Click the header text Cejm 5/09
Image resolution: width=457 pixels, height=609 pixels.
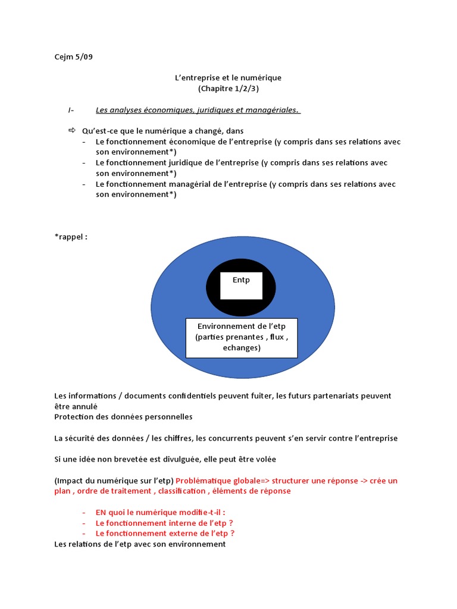73,57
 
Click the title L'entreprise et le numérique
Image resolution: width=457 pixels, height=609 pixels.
228,78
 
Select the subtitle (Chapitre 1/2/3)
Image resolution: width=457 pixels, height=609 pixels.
228,89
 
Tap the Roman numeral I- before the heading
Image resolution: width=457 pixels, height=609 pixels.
71,110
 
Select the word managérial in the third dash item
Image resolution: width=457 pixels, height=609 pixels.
187,184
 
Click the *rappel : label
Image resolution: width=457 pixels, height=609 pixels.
71,236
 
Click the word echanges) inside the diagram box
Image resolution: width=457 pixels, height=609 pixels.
242,348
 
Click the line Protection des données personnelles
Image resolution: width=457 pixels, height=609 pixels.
123,417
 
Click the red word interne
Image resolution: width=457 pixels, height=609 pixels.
183,523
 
